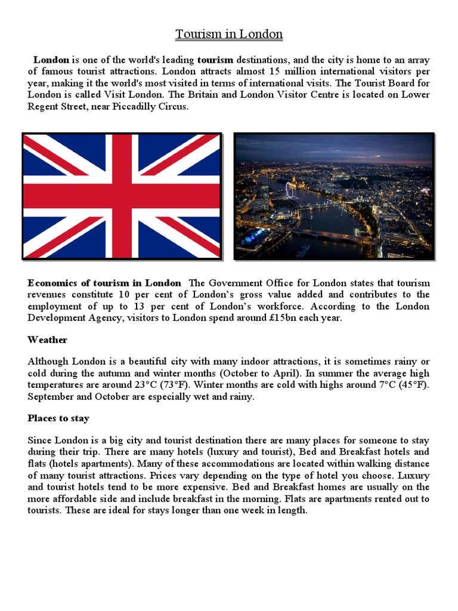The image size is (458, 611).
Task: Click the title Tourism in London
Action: [x=229, y=34]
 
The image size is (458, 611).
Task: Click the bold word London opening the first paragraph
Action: [x=51, y=60]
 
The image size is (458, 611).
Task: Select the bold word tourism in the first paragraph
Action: [x=215, y=60]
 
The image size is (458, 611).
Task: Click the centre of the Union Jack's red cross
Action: [x=122, y=196]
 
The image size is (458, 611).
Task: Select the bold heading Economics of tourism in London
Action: [x=104, y=283]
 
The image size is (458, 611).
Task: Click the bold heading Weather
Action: [x=47, y=340]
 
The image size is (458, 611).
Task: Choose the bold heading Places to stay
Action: [x=58, y=418]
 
